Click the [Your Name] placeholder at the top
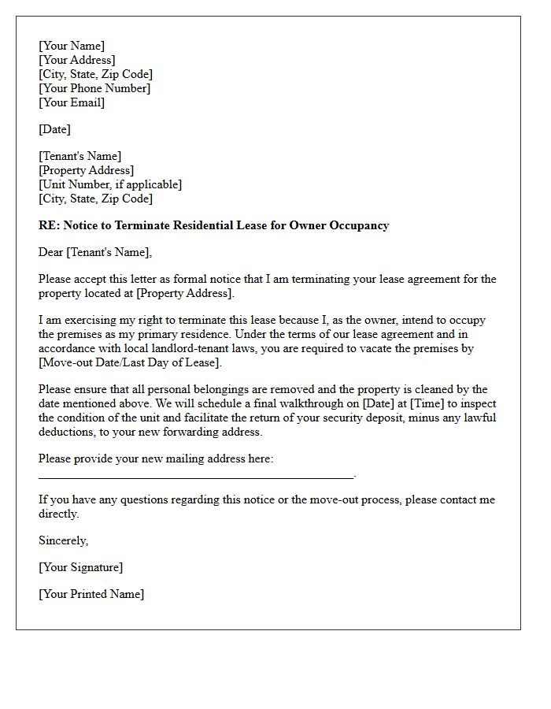[x=72, y=46]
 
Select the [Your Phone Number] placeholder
[x=94, y=88]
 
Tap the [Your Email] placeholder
[x=72, y=102]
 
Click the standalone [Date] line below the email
[x=54, y=129]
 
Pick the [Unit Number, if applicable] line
[x=110, y=184]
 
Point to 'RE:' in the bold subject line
[x=50, y=225]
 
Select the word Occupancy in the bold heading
[x=361, y=225]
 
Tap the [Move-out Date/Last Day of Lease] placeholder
[x=131, y=362]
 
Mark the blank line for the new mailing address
[x=196, y=476]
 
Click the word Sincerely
[x=63, y=540]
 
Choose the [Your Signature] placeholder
[x=80, y=567]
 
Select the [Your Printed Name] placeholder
[x=91, y=594]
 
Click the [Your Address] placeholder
[x=77, y=60]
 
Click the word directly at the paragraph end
[x=59, y=514]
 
